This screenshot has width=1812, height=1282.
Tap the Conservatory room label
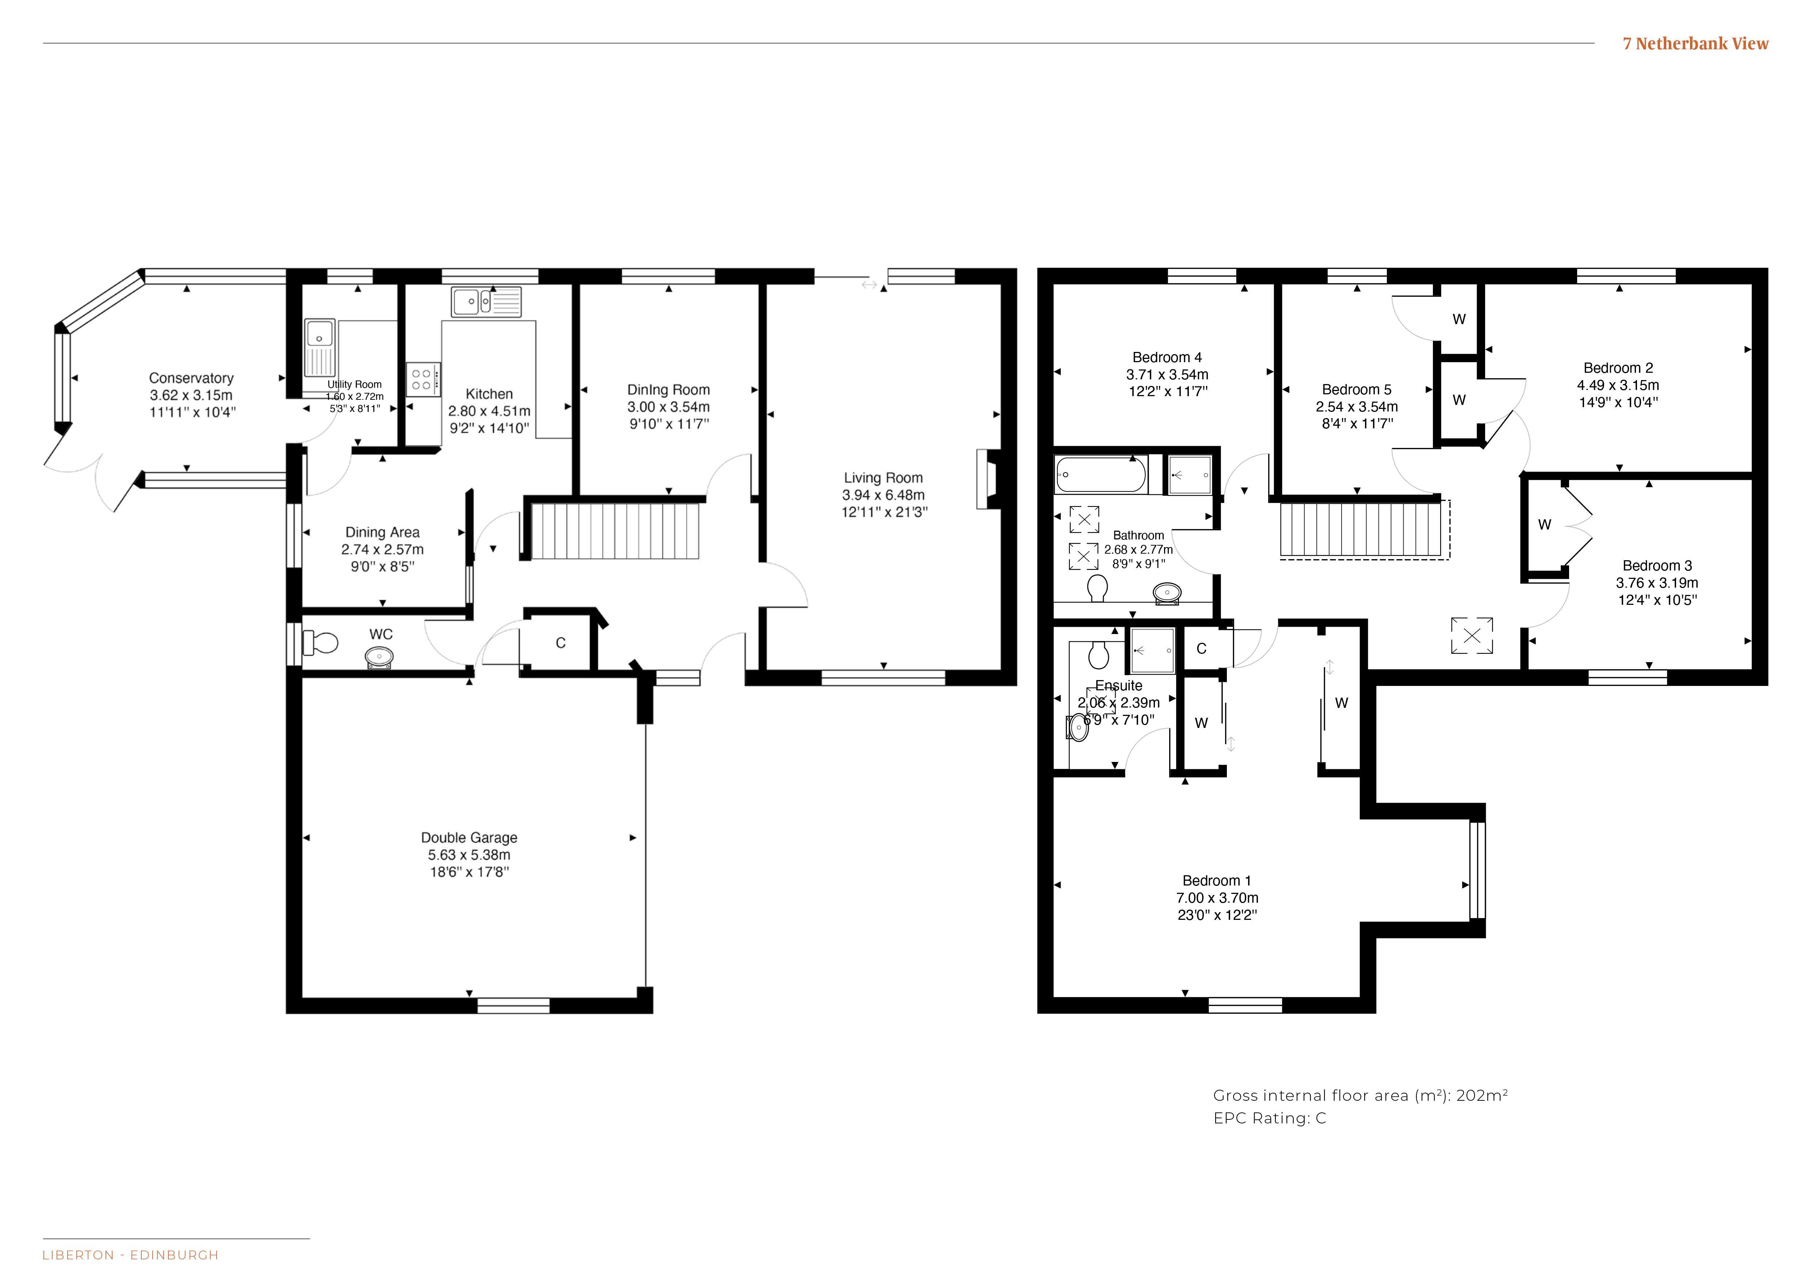click(191, 378)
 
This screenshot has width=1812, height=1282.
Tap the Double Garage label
click(469, 838)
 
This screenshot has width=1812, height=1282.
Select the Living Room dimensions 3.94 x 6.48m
click(883, 495)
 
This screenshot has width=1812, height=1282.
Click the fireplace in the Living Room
click(988, 478)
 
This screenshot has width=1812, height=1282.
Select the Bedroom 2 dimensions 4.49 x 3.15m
click(1618, 385)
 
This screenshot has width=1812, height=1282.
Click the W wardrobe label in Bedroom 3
click(1545, 524)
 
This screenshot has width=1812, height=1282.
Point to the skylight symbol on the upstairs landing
click(1472, 636)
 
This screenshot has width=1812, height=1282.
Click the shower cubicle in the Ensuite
click(1152, 651)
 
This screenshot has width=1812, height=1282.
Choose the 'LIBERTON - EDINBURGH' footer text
click(130, 1255)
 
